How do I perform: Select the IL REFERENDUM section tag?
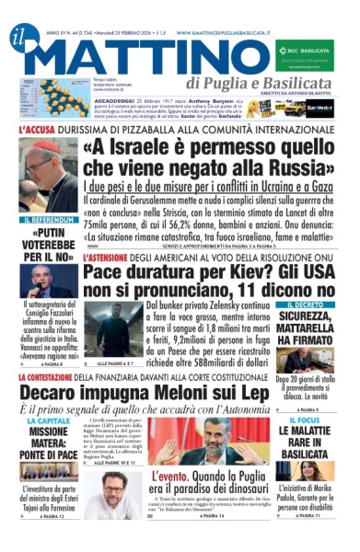tap(48, 222)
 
